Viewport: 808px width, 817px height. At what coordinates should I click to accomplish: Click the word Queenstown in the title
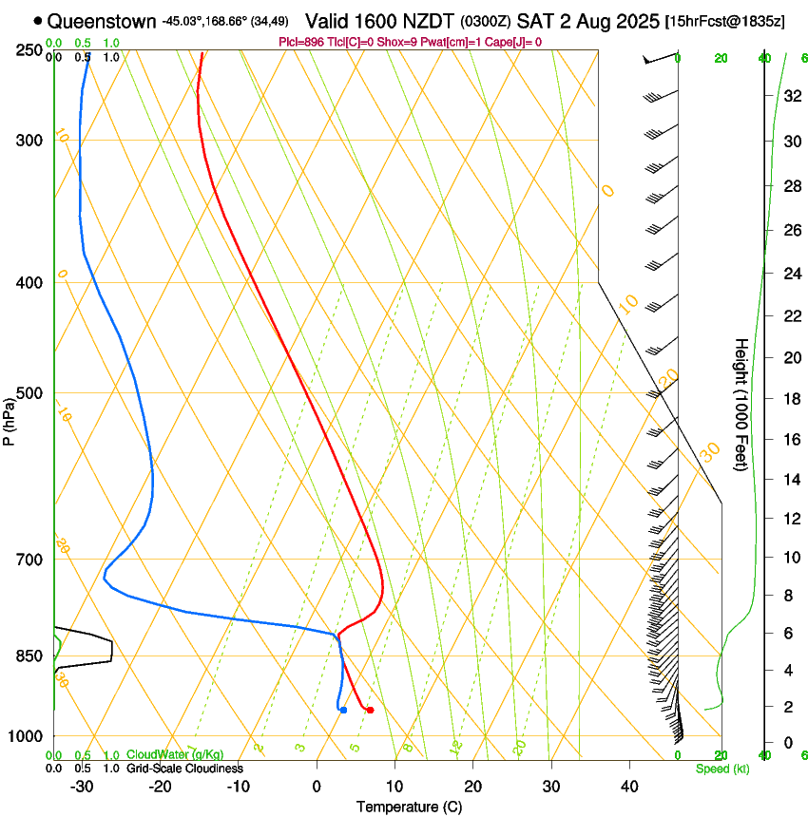[102, 20]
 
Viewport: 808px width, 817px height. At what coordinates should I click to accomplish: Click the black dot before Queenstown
[38, 20]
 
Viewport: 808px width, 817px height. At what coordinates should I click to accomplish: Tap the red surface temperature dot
[370, 710]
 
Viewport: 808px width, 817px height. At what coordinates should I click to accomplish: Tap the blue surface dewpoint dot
[343, 710]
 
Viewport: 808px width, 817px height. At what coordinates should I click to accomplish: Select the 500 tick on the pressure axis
[29, 393]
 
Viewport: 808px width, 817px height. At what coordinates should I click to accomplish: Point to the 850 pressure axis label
[29, 655]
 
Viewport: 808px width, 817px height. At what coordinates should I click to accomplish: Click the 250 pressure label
[29, 49]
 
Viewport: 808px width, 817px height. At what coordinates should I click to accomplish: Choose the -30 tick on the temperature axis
[82, 786]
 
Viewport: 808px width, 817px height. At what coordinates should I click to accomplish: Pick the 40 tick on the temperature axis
[628, 786]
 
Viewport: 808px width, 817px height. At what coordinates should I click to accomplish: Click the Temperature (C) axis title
[409, 807]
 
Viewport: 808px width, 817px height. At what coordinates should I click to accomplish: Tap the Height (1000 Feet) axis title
[741, 404]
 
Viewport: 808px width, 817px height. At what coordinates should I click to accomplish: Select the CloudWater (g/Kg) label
[175, 754]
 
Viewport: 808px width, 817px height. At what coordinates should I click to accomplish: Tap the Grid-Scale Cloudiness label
[184, 769]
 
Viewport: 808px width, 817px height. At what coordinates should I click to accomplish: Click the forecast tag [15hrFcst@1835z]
[725, 21]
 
